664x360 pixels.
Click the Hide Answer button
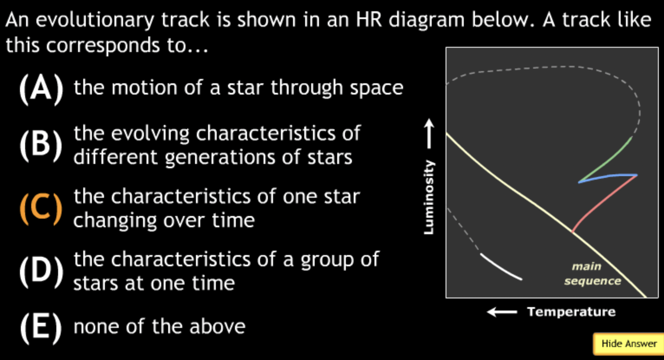[628, 344]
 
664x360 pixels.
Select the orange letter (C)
[41, 209]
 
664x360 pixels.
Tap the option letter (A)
[41, 88]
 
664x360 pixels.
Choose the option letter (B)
[41, 145]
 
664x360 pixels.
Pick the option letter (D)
[42, 272]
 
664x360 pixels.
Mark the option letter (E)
[41, 327]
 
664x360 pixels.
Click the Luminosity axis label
[429, 197]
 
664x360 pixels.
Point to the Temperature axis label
[571, 312]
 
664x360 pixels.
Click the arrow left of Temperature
[502, 312]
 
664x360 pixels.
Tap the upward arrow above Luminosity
[429, 134]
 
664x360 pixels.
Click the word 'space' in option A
[377, 88]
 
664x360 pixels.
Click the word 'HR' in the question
[369, 20]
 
